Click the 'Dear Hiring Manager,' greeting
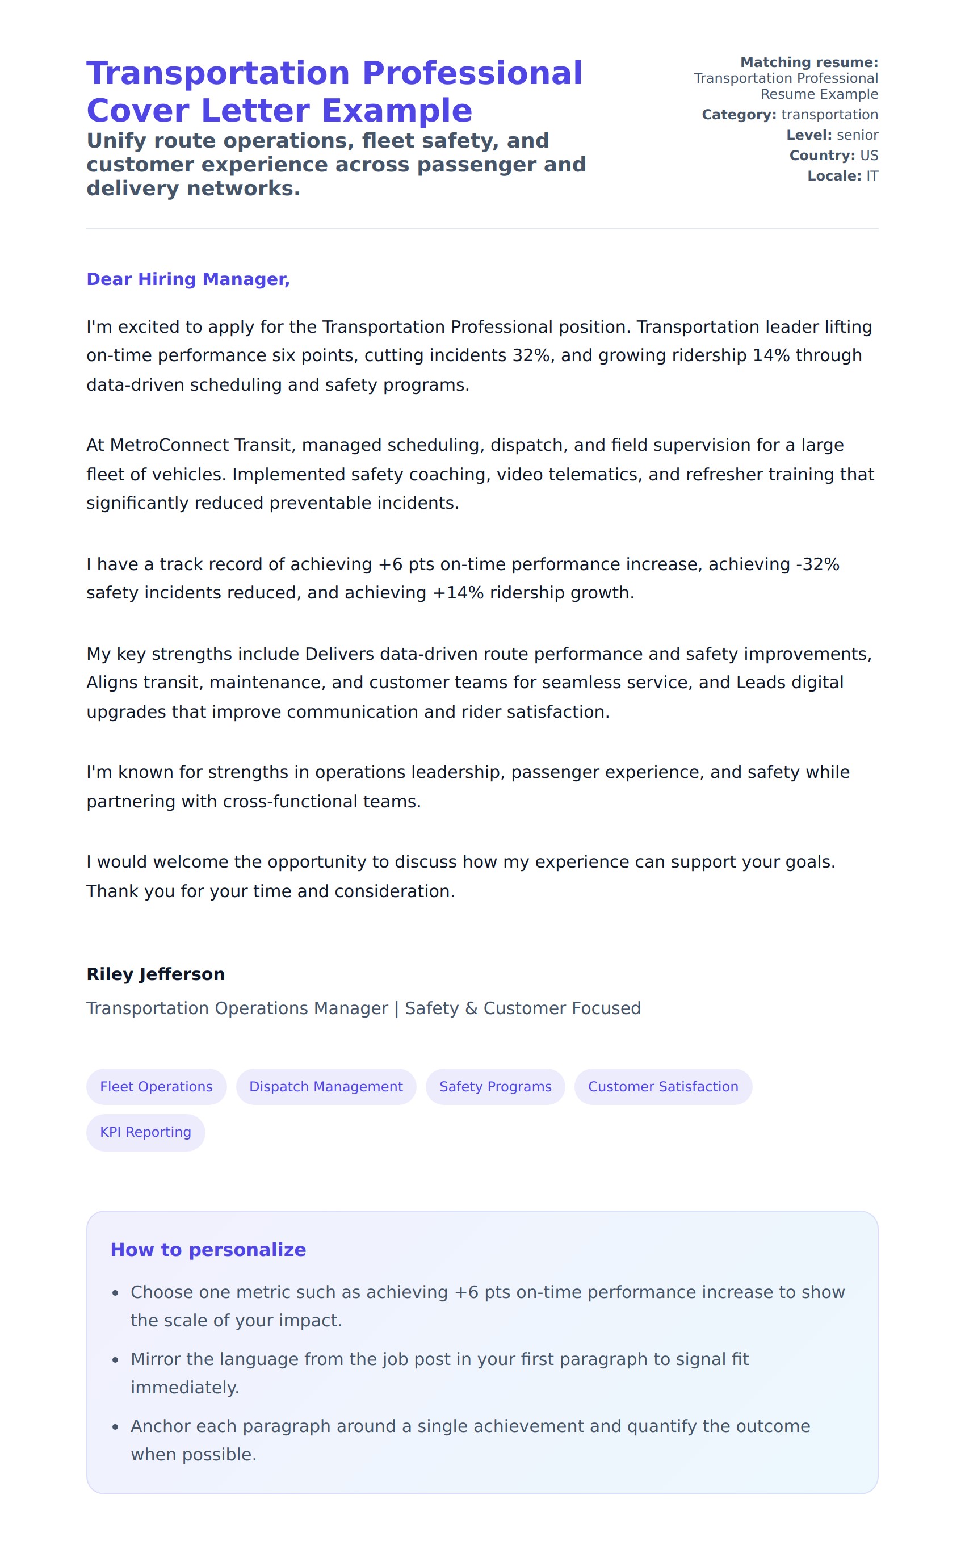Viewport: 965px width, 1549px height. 188,279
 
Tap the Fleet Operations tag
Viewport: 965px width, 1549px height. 156,1086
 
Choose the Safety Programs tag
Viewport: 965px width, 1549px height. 495,1086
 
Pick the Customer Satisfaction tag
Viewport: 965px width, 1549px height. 662,1086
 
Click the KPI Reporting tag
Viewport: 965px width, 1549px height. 145,1132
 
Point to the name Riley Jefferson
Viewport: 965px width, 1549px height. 156,974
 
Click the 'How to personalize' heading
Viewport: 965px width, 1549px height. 208,1250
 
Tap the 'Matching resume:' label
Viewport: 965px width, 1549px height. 809,62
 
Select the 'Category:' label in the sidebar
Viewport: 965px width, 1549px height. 739,115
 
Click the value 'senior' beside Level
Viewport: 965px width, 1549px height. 857,135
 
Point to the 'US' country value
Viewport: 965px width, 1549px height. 868,156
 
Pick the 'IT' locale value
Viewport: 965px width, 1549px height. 872,176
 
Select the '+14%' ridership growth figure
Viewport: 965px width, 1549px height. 458,593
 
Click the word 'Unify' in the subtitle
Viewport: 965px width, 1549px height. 116,140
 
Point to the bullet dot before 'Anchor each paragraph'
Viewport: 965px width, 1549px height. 116,1427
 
